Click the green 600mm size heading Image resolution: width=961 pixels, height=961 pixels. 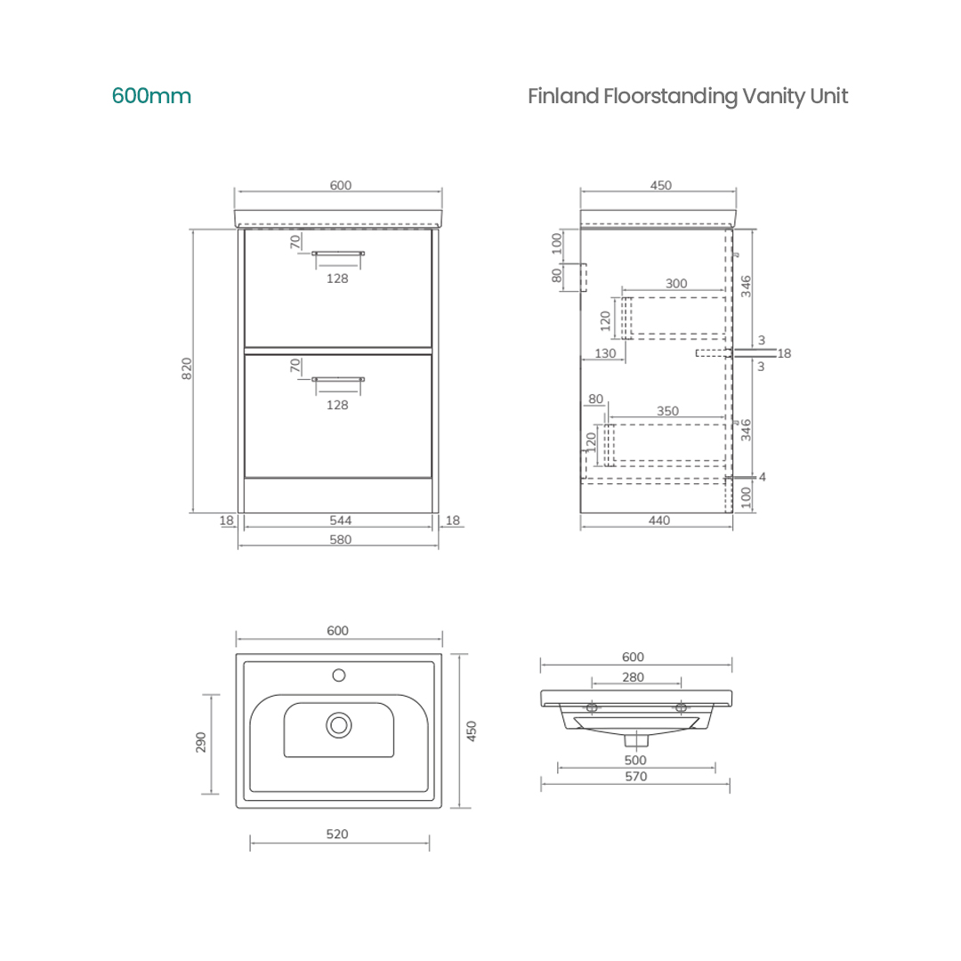(151, 96)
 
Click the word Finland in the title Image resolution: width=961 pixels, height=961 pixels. (562, 96)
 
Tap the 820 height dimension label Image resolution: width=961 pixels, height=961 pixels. (187, 368)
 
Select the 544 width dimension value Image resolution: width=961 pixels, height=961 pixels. (340, 521)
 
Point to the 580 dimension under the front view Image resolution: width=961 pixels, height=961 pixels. (340, 540)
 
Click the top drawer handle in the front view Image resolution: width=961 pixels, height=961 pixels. (338, 254)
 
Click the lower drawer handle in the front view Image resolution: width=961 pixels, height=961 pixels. (338, 379)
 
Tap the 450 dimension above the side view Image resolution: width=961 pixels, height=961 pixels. (660, 186)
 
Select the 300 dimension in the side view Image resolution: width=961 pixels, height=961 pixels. (676, 284)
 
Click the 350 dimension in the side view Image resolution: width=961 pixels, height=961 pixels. (667, 411)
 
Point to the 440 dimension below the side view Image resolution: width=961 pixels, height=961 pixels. (658, 521)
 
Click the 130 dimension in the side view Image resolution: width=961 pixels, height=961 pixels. (604, 353)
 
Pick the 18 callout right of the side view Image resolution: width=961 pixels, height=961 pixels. (784, 353)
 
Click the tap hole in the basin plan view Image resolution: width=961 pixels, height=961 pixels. (339, 675)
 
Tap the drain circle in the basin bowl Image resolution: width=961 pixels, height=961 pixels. (339, 724)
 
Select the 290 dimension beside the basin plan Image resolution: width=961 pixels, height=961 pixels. (201, 743)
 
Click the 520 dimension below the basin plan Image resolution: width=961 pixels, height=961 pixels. (337, 835)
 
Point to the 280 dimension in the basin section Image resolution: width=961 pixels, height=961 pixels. (633, 678)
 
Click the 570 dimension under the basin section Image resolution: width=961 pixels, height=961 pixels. (635, 777)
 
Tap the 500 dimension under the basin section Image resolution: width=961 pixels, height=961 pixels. (635, 761)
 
